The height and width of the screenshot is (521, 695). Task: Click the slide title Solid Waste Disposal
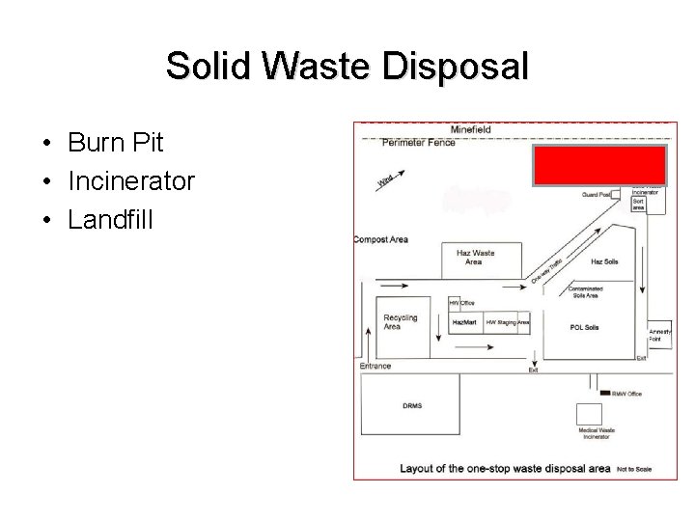click(347, 67)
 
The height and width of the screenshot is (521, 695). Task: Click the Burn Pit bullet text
click(116, 144)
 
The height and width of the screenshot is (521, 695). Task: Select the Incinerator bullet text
click(131, 180)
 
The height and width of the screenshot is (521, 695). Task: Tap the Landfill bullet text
click(110, 218)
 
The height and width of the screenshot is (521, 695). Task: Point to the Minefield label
click(470, 129)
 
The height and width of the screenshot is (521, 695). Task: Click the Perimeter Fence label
click(418, 143)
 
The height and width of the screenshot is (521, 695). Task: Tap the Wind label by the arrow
click(385, 179)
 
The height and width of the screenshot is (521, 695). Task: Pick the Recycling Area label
click(400, 321)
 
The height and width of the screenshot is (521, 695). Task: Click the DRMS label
click(412, 405)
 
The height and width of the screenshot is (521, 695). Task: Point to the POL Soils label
click(584, 327)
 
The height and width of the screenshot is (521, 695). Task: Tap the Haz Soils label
click(604, 261)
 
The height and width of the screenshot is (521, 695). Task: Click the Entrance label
click(375, 366)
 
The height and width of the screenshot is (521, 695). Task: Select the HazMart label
click(464, 321)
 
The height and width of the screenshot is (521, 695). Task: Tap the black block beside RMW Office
click(605, 394)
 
